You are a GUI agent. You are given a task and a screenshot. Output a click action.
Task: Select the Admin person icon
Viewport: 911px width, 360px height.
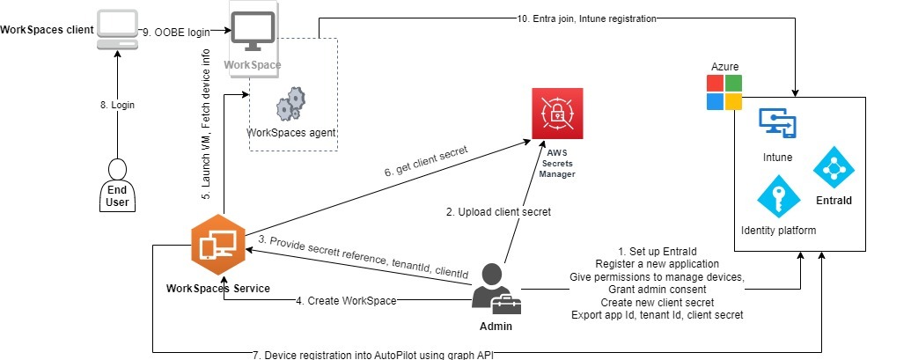493,290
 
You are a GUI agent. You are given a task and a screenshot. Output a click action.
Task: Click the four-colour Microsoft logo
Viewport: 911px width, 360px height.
724,92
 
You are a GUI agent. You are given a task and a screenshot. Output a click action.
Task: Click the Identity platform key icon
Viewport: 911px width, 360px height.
777,196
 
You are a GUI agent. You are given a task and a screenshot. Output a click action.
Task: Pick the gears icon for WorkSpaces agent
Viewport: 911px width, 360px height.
291,104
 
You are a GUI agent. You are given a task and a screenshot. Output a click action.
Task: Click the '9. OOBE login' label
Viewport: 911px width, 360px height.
182,32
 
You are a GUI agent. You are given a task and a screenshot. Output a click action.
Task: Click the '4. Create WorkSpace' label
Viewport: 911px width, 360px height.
344,301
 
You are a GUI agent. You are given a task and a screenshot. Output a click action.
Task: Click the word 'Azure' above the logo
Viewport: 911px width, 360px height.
727,68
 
